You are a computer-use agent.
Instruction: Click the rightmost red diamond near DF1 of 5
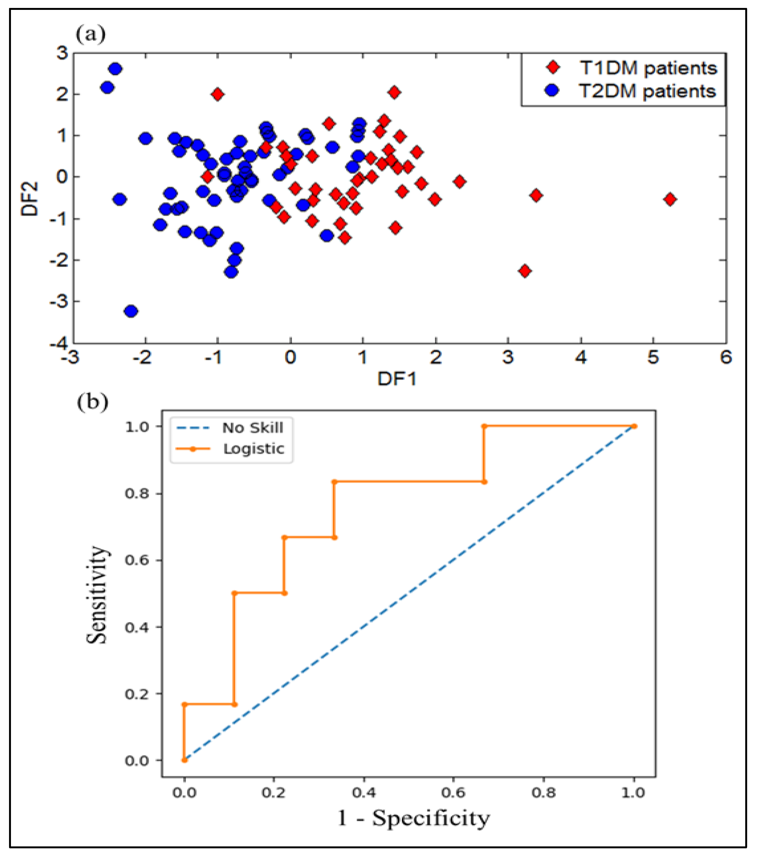[x=670, y=199]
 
